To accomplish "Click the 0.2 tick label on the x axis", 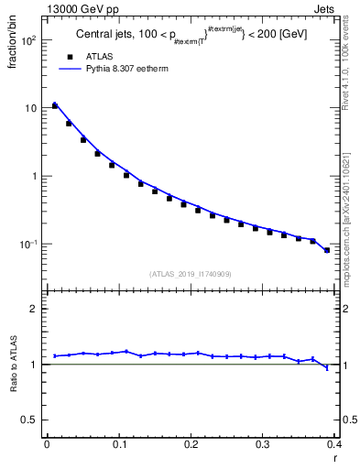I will [x=191, y=444].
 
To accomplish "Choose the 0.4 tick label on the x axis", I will [x=333, y=444].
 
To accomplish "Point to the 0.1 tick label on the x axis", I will [x=119, y=444].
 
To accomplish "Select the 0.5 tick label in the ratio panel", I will [x=28, y=420].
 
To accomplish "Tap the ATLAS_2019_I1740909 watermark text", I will [x=190, y=273].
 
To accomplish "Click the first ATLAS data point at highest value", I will [x=55, y=106].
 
